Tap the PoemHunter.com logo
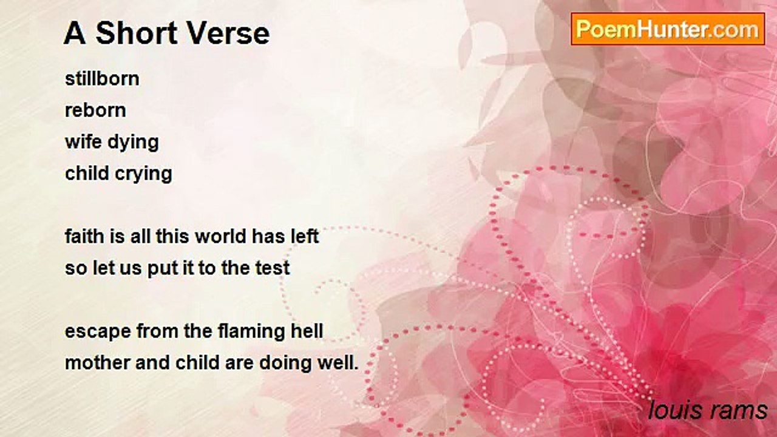(668, 29)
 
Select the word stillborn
(102, 79)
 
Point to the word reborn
(95, 110)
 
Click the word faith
(83, 236)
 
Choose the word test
(273, 268)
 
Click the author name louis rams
(708, 410)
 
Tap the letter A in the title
(75, 33)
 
